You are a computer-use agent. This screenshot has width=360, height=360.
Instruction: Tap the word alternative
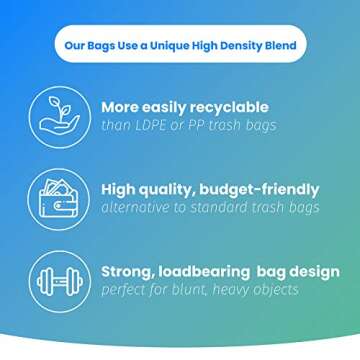tap(137, 208)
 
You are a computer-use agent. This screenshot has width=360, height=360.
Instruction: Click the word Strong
tap(128, 271)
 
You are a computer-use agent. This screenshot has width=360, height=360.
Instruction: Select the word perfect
tap(125, 291)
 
